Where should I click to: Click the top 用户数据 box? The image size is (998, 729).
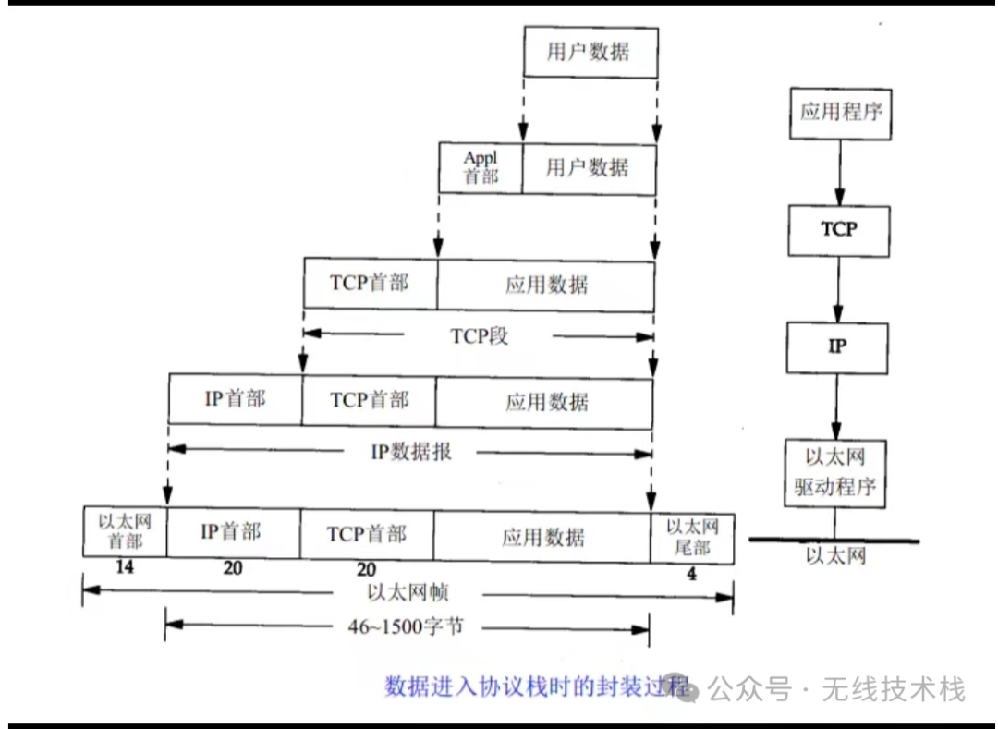tap(590, 52)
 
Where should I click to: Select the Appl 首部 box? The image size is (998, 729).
tap(480, 168)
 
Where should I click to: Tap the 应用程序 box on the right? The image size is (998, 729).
tap(839, 113)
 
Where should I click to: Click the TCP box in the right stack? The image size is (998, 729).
tap(839, 230)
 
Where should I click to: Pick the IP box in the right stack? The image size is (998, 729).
tap(837, 347)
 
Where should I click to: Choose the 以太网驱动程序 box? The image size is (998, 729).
tap(834, 472)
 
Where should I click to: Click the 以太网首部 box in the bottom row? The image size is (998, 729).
tap(125, 531)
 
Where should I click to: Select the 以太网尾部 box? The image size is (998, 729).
tap(692, 536)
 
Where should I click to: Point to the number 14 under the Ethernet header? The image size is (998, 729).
tap(124, 567)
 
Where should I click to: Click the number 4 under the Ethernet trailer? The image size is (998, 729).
tap(691, 574)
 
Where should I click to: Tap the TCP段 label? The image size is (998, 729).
tap(479, 335)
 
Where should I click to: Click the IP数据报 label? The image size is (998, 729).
tap(411, 452)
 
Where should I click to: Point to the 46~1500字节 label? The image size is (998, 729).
tap(407, 627)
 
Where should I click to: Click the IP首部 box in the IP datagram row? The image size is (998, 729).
tap(235, 399)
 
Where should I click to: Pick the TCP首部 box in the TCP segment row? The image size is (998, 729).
tap(370, 283)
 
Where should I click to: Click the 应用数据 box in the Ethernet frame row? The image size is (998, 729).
tap(542, 537)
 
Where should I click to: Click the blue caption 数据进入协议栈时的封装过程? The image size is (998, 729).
tap(537, 686)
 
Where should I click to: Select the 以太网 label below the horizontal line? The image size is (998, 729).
tap(834, 556)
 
